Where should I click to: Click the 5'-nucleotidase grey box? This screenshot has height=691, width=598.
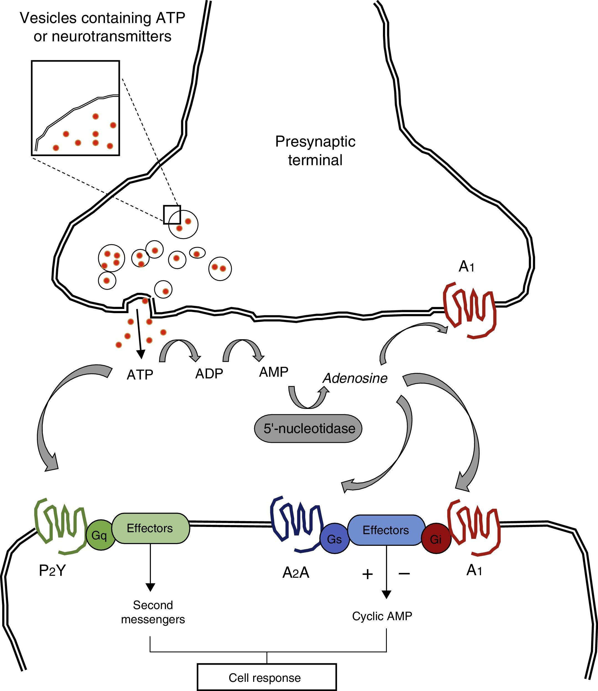(x=308, y=429)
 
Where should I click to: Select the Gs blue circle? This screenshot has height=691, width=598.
(x=334, y=538)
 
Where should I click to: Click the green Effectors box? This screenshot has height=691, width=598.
(x=150, y=528)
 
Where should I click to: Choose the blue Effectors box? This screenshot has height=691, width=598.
(x=386, y=530)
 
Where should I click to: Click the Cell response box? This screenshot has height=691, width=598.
(x=267, y=677)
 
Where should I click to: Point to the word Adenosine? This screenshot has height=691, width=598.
(x=355, y=378)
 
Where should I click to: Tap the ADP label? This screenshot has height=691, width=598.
(x=209, y=374)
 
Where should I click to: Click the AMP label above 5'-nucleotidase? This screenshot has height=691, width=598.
(x=274, y=371)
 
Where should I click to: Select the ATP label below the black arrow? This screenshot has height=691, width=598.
(x=140, y=375)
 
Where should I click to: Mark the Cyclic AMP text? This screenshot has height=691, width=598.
(x=382, y=616)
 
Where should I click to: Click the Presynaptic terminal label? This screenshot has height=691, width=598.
(x=315, y=151)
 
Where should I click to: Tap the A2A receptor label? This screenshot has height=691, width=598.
(x=296, y=572)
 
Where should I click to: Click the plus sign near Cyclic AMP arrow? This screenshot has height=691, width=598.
(x=367, y=574)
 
